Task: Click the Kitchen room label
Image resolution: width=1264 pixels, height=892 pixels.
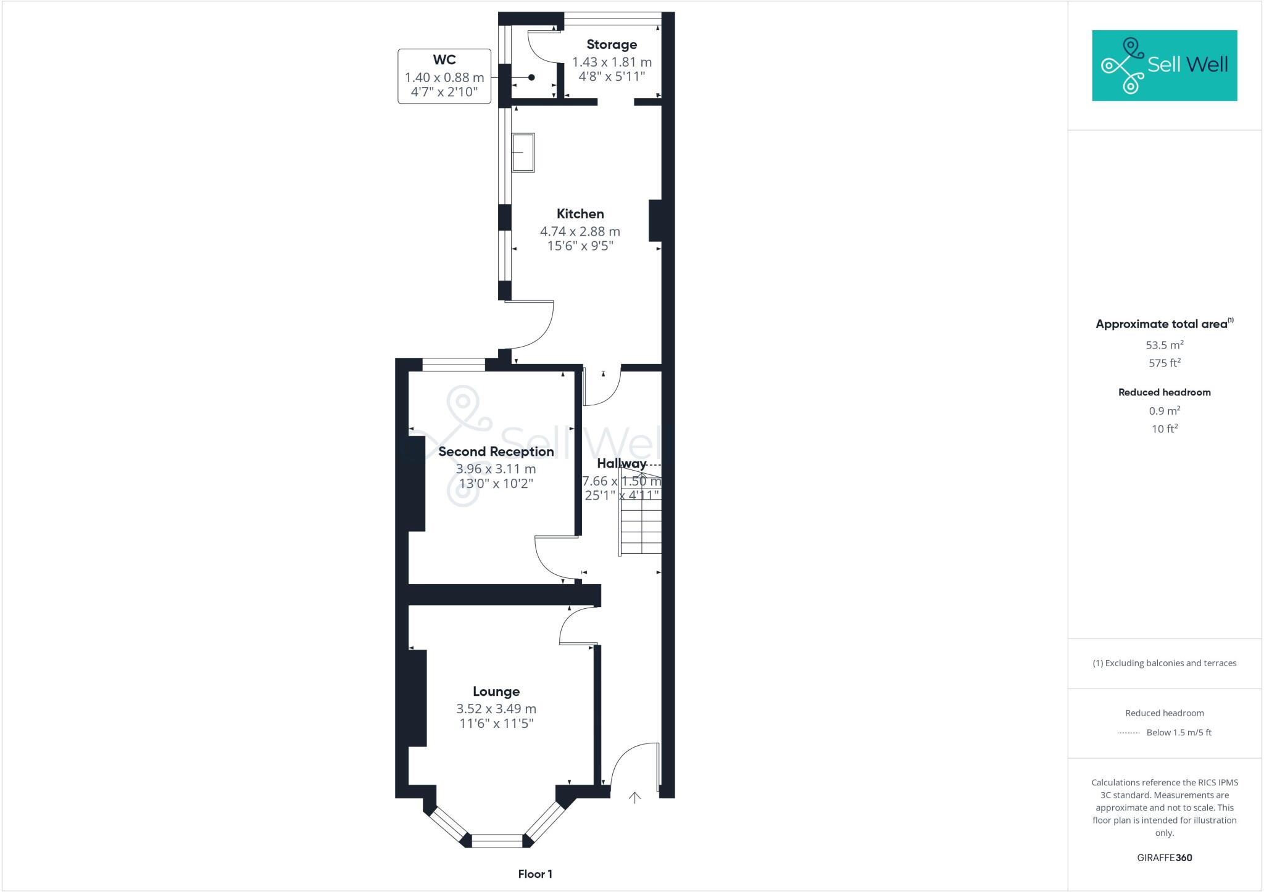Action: click(580, 214)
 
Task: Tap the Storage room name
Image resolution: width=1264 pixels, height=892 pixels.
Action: click(611, 44)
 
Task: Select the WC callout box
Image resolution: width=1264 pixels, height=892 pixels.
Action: click(444, 76)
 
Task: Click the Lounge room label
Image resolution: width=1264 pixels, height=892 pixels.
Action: click(496, 692)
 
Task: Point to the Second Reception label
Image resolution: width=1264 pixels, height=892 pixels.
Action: click(496, 452)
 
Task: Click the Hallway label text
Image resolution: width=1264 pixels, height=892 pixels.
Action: click(622, 463)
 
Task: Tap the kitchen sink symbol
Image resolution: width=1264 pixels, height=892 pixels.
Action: click(523, 152)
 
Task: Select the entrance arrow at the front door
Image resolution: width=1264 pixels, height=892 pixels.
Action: click(634, 798)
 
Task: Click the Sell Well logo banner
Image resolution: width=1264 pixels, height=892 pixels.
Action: click(1164, 65)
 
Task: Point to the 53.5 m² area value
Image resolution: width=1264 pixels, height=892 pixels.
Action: click(1164, 345)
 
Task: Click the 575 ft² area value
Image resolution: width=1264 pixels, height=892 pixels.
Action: click(1164, 363)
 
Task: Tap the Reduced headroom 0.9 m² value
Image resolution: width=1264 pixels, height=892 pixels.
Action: click(1164, 411)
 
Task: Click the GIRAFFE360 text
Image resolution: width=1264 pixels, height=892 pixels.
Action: click(1164, 857)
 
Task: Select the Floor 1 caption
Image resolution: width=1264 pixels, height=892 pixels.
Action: click(535, 874)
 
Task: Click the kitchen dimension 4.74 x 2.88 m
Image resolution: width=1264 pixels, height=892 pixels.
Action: click(580, 231)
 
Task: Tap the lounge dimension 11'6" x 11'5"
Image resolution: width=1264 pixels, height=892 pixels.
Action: click(496, 723)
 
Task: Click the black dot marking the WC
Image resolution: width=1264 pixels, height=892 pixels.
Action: click(531, 77)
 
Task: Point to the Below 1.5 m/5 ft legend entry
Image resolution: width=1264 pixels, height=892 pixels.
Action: click(1178, 733)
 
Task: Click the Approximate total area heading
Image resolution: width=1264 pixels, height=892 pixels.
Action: click(1162, 324)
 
